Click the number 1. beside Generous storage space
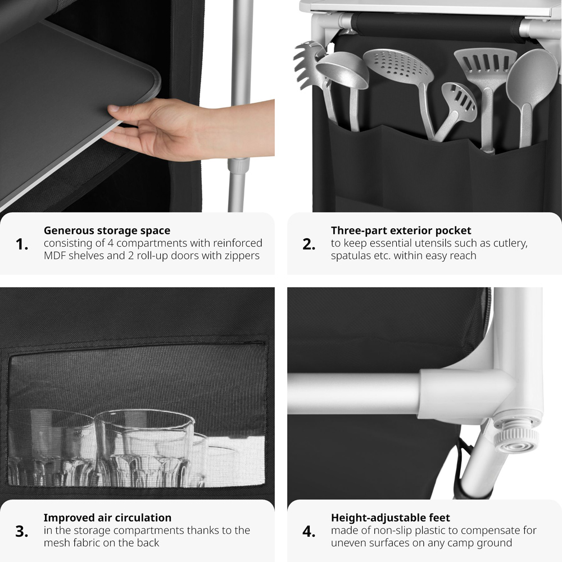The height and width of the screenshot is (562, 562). point(22,244)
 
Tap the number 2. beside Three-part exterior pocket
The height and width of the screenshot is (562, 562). point(309,244)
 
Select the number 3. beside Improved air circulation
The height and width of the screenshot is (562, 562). point(22,532)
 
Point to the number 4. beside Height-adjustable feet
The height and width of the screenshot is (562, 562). point(309,532)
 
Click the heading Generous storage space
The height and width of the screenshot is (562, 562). point(107,230)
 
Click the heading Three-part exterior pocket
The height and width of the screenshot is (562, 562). point(401,230)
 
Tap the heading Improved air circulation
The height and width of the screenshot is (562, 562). point(107,518)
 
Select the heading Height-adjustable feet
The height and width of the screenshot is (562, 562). point(391,518)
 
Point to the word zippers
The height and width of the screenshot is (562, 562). point(241,256)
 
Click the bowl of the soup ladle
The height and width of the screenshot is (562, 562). point(343,70)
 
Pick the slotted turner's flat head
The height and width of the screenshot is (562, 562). point(486,65)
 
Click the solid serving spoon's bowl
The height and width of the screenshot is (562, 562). point(528,77)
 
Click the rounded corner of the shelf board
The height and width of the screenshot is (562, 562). point(155,83)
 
